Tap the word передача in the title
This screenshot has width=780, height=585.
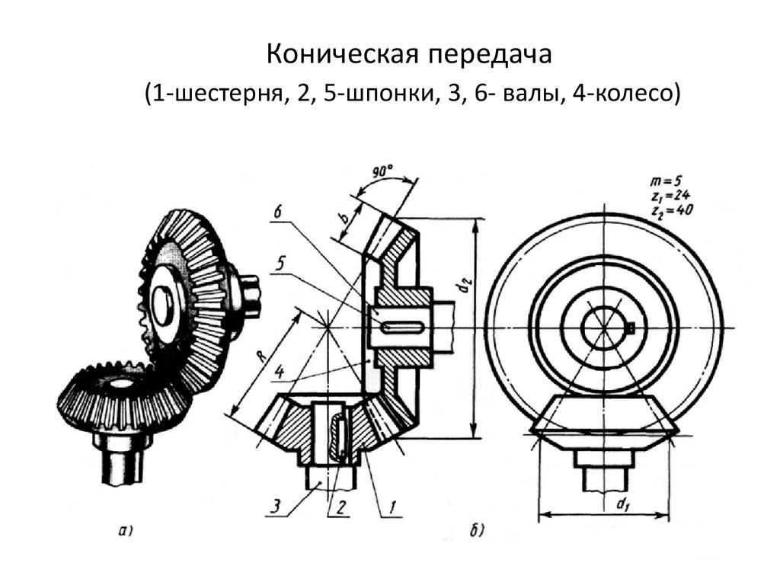pos(488,55)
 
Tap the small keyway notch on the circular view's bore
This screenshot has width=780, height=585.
pos(631,328)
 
